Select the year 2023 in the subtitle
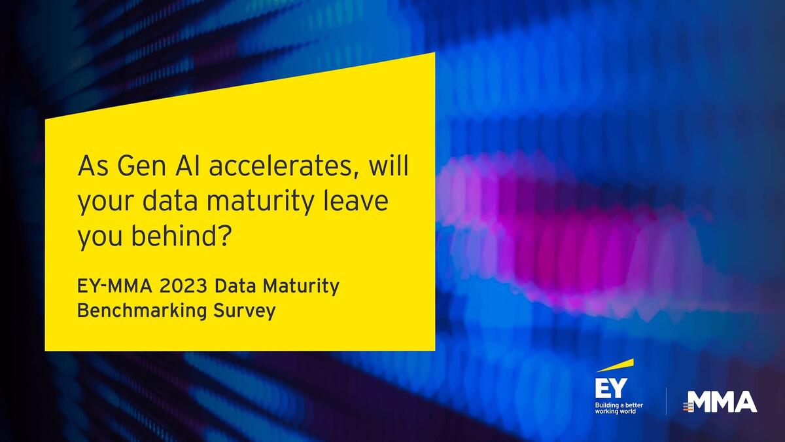(183, 286)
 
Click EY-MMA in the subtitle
(115, 286)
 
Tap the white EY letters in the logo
(611, 388)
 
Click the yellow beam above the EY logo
(615, 365)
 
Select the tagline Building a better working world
(619, 409)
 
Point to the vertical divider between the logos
(666, 401)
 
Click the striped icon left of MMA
(688, 407)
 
